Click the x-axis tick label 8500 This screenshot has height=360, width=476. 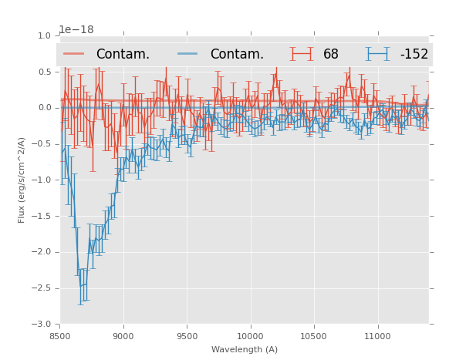pos(60,336)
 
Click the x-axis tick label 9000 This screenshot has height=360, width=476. pos(123,336)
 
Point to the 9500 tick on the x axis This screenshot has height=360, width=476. pos(187,336)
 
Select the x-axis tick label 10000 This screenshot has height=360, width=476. pos(250,336)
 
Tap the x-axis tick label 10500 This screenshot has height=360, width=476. pos(313,336)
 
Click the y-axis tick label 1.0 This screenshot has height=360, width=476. pos(44,35)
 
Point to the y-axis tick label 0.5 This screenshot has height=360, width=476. pos(44,72)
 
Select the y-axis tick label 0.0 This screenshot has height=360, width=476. pos(44,108)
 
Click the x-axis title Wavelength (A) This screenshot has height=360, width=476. pos(245,350)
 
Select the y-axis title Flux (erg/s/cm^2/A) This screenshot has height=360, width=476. pos(22,180)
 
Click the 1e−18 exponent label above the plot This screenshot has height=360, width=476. pos(76,30)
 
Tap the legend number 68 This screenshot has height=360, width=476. pos(331,54)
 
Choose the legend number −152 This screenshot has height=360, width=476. pos(414,54)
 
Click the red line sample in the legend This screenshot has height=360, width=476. pos(74,54)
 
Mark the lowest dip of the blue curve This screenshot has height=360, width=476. pos(81,286)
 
